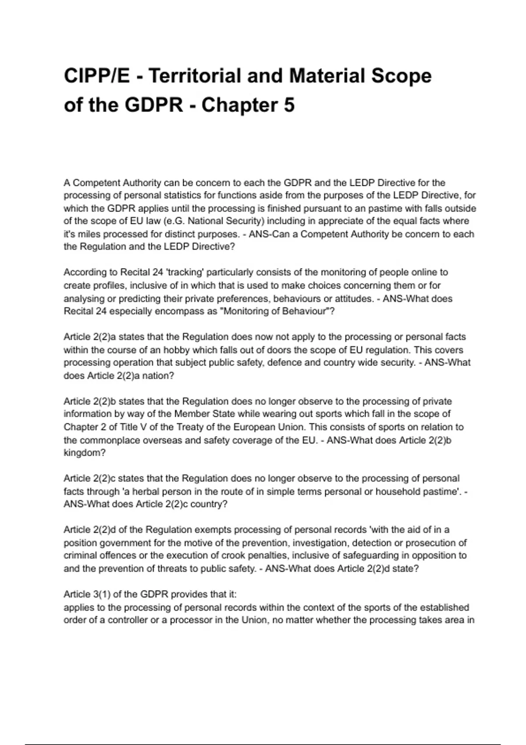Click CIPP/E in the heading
97,76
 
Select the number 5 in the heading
289,105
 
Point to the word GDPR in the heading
154,105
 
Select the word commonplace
113,440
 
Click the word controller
128,620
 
